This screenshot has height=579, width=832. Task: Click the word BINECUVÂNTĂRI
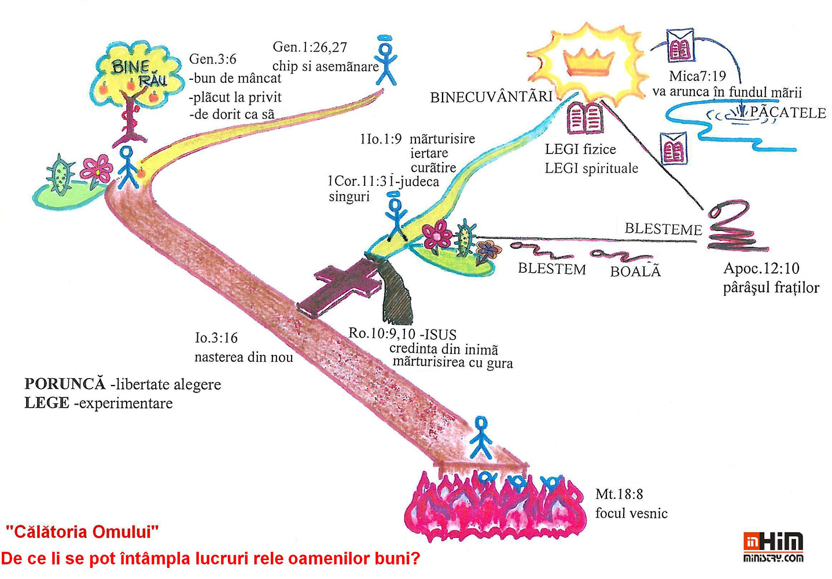click(x=491, y=97)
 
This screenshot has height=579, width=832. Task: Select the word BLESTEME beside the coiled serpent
click(x=663, y=229)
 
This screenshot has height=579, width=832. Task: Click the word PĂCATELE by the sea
click(x=787, y=112)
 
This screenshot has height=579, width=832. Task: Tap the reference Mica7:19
click(x=697, y=76)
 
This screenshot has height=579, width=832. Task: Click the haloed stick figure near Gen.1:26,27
click(x=386, y=60)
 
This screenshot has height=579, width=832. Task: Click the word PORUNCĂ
click(x=65, y=384)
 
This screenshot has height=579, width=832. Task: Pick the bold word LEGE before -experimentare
click(x=47, y=403)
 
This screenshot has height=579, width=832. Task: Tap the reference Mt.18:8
click(x=619, y=494)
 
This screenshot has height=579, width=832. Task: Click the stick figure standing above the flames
click(x=481, y=438)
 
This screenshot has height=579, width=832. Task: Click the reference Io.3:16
click(x=216, y=338)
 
